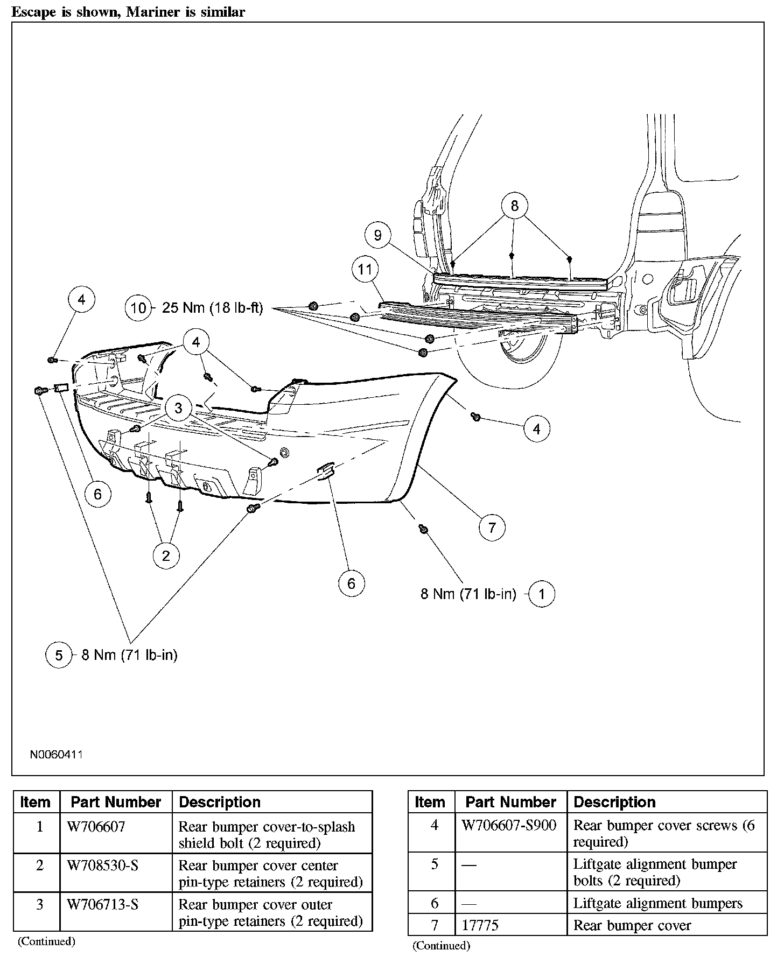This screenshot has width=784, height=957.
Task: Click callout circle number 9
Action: (x=377, y=235)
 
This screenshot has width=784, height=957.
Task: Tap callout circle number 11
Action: (x=365, y=269)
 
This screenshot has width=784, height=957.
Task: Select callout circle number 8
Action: (x=514, y=206)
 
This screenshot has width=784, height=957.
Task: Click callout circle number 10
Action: (x=138, y=308)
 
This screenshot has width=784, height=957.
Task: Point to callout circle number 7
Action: (x=492, y=527)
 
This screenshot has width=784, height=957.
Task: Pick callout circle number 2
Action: (x=166, y=555)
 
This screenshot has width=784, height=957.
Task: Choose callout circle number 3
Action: (x=178, y=408)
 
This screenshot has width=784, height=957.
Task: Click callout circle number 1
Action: (x=542, y=594)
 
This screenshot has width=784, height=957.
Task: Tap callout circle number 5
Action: (x=59, y=655)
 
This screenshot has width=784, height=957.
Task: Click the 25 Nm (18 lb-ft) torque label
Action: (x=212, y=308)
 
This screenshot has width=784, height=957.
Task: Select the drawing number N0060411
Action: (x=56, y=755)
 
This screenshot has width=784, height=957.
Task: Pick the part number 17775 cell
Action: (x=480, y=925)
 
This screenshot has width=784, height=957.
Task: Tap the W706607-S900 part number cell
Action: (x=509, y=825)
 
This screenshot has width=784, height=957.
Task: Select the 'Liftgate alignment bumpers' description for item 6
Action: (x=657, y=903)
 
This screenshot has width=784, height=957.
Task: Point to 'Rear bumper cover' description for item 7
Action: (x=632, y=925)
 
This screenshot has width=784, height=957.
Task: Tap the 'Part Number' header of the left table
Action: (x=116, y=802)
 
